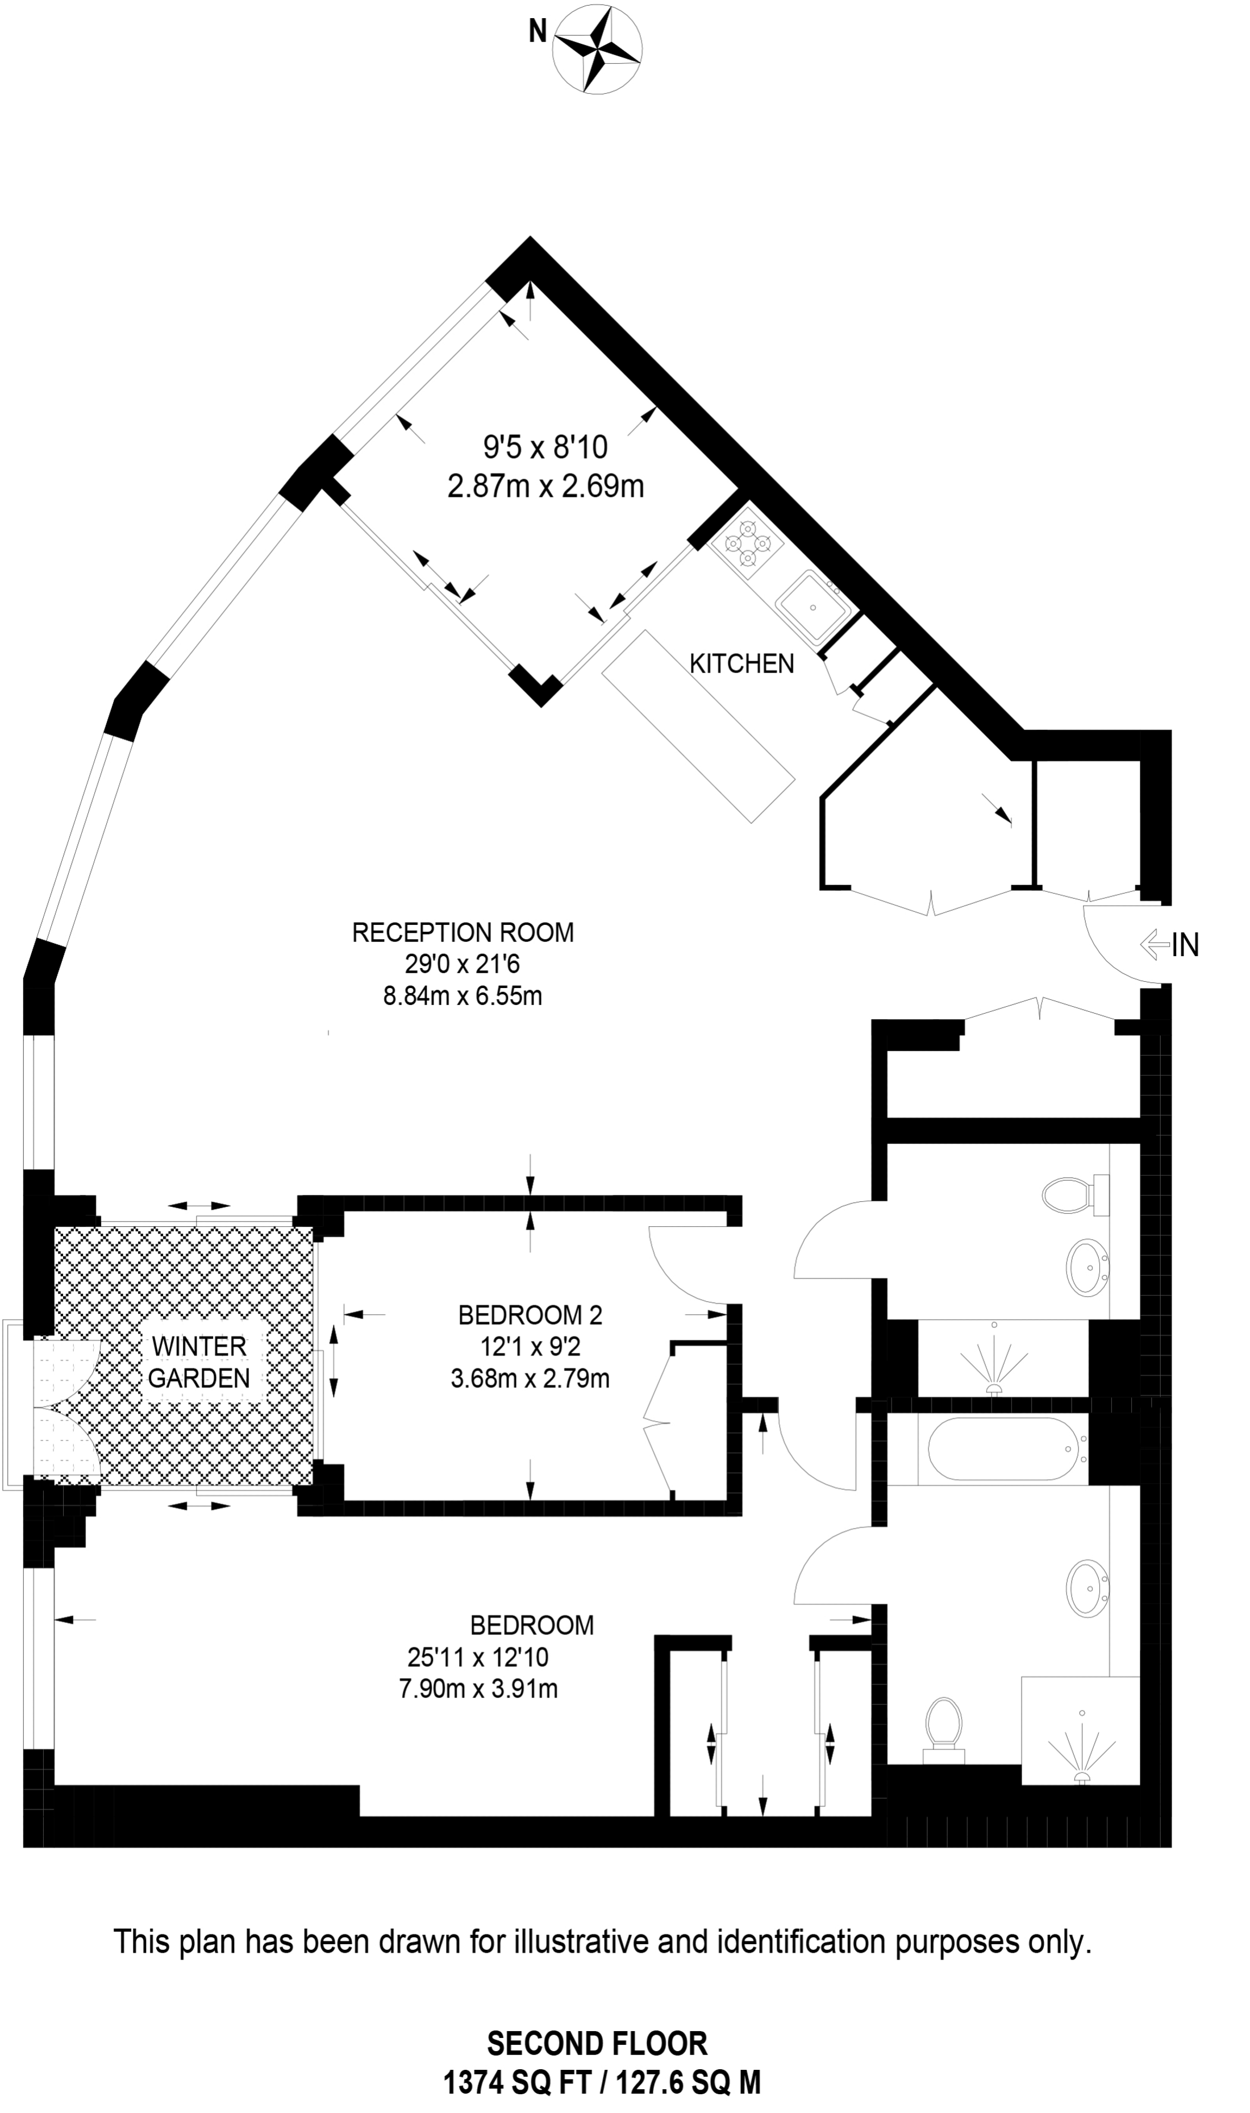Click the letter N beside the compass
[x=537, y=32]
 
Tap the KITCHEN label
[x=741, y=664]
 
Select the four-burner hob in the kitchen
[x=748, y=543]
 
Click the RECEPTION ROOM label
[x=463, y=933]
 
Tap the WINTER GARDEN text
[x=199, y=1361]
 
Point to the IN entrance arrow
[x=1171, y=945]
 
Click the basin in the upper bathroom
[x=1087, y=1267]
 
